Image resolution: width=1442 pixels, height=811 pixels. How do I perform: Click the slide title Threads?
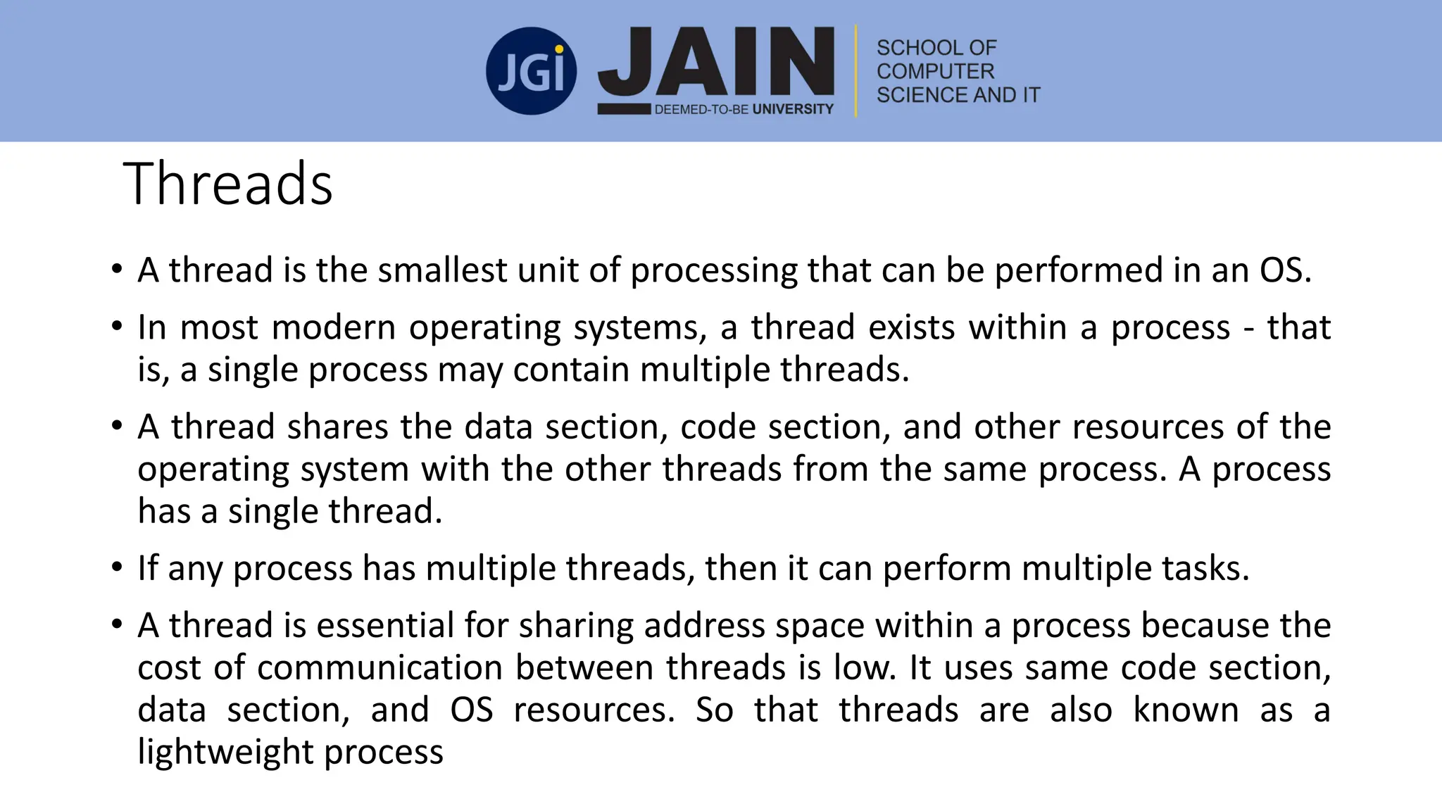click(227, 184)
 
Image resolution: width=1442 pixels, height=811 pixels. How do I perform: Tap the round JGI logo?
click(531, 71)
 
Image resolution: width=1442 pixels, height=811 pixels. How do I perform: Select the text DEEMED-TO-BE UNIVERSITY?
click(744, 109)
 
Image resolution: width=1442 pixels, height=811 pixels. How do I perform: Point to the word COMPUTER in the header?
click(935, 71)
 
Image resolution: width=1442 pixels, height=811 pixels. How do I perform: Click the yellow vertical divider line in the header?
click(856, 71)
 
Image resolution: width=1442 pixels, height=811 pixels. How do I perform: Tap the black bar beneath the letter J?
click(624, 109)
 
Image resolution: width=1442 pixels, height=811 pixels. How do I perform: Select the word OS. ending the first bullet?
click(1286, 270)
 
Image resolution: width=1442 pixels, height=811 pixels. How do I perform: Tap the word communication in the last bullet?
click(380, 667)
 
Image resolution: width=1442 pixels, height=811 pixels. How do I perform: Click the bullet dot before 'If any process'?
click(117, 567)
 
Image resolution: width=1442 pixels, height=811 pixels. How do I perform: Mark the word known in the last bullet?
click(1186, 710)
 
